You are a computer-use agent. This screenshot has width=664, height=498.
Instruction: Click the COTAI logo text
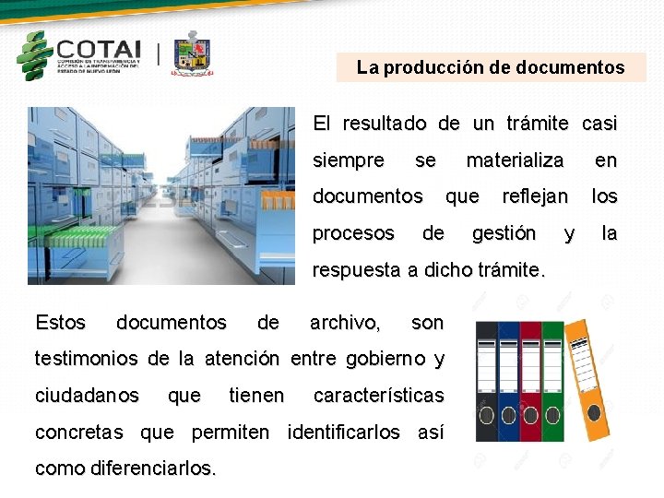point(99,49)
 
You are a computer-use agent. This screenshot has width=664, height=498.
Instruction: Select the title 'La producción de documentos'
point(491,67)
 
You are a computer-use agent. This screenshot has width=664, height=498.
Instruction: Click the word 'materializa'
point(515,160)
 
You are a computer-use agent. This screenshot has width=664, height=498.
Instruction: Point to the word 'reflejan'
point(535,196)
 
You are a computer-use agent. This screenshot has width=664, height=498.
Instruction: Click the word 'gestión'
point(504,233)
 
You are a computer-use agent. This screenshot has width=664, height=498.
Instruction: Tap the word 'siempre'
point(349,160)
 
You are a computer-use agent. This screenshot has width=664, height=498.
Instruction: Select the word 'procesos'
point(353,233)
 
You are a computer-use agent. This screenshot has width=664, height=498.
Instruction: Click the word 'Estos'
point(60,323)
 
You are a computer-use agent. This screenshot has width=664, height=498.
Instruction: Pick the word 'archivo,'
point(345,323)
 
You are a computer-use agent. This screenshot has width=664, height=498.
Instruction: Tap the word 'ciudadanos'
point(87,396)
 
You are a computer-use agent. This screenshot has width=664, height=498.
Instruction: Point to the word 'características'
point(379,396)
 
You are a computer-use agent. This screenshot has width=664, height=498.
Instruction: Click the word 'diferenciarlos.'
point(154,468)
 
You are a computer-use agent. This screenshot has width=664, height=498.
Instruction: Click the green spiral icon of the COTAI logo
point(34,55)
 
